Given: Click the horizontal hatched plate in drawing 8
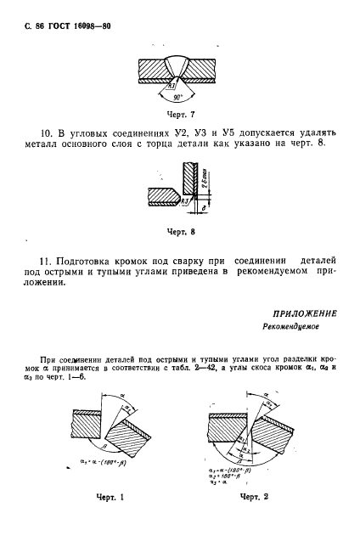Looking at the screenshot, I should tap(162, 197).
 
